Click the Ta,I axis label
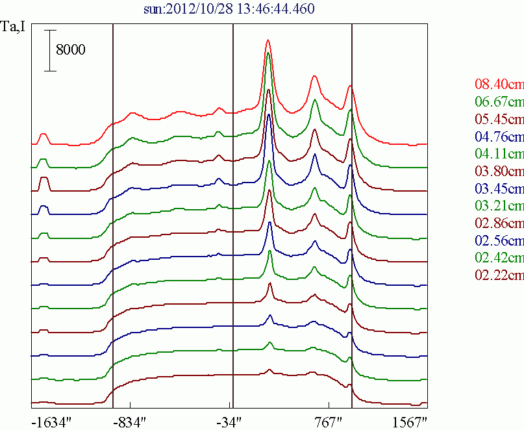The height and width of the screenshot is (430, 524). [x=15, y=27]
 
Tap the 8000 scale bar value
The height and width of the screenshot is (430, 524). [x=71, y=50]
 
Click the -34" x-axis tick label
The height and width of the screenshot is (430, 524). [x=230, y=421]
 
